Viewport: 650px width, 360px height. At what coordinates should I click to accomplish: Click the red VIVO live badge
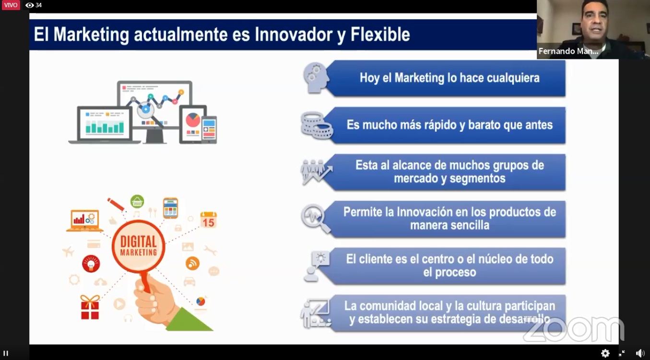click(x=11, y=5)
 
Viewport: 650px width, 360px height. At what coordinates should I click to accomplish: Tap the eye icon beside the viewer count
click(x=29, y=5)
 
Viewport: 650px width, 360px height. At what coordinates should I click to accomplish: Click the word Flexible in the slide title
click(x=380, y=35)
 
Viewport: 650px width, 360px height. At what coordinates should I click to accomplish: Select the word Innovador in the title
click(x=294, y=35)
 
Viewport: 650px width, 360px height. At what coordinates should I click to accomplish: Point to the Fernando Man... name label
click(x=568, y=51)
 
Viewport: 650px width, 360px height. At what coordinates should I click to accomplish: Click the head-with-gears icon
click(x=316, y=78)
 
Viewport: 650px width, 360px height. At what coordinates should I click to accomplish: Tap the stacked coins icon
click(x=317, y=125)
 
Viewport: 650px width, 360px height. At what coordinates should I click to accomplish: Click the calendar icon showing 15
click(x=208, y=220)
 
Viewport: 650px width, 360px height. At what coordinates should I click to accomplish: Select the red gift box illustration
click(x=90, y=307)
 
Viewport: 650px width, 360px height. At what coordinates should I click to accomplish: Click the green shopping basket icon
click(x=137, y=201)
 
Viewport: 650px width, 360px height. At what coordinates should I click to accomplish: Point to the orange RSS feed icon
click(x=192, y=264)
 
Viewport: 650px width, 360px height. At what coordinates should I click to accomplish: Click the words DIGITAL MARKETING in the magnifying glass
click(x=139, y=246)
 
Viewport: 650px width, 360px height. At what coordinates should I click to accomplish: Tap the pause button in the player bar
click(x=6, y=353)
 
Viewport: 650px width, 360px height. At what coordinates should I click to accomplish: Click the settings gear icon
click(x=605, y=353)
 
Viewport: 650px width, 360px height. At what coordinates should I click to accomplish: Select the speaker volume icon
click(x=640, y=353)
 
